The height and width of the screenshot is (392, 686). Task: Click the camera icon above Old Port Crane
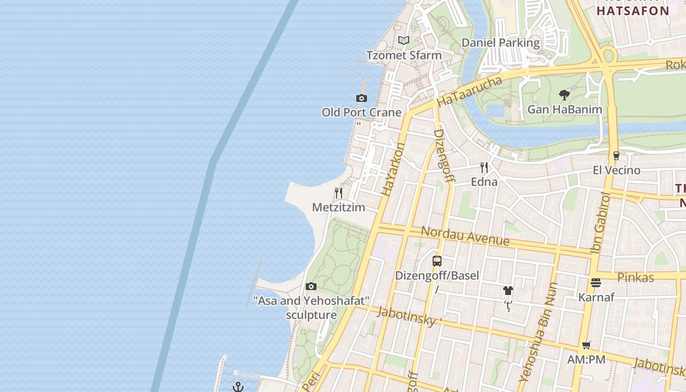click(x=362, y=98)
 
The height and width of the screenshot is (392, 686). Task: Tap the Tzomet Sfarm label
click(x=404, y=55)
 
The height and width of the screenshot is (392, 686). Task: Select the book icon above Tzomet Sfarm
click(x=404, y=41)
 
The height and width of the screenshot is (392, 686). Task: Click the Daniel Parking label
click(x=501, y=43)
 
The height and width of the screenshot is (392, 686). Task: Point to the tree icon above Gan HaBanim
click(x=564, y=95)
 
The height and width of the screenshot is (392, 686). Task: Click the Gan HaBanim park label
click(x=564, y=109)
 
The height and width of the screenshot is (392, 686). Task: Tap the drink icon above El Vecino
click(x=616, y=156)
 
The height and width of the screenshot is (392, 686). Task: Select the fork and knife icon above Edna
click(x=484, y=168)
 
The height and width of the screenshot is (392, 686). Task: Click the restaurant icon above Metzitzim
click(x=339, y=193)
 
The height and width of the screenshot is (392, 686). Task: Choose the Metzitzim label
click(x=339, y=207)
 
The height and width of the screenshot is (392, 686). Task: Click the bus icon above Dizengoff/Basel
click(x=437, y=261)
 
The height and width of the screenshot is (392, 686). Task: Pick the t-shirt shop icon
click(x=508, y=291)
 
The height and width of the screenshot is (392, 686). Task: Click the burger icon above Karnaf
click(x=596, y=283)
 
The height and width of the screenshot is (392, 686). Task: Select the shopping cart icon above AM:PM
click(x=587, y=345)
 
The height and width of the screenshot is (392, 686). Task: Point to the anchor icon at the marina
click(x=238, y=387)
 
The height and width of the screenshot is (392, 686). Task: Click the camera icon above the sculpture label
click(x=311, y=286)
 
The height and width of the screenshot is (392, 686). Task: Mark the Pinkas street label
click(x=636, y=277)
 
